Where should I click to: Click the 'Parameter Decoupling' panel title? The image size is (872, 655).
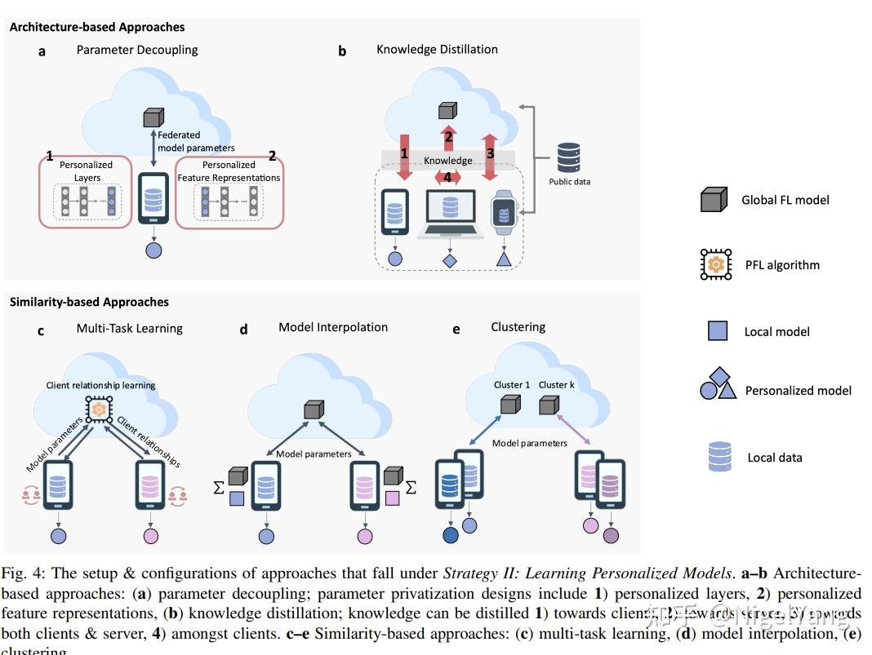tap(137, 50)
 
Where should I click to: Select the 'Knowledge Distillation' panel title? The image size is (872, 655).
tap(437, 50)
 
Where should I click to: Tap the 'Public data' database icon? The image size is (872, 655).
tap(568, 158)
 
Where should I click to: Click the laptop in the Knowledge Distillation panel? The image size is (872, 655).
tap(450, 213)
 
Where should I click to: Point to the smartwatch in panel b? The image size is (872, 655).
tap(503, 214)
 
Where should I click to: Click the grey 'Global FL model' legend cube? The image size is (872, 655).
tap(714, 200)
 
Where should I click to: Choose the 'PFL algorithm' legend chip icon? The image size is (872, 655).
tap(716, 265)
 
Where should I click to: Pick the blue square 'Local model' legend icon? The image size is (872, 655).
tap(717, 331)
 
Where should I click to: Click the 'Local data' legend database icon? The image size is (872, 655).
tap(720, 457)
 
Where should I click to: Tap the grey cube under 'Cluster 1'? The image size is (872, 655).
tap(510, 405)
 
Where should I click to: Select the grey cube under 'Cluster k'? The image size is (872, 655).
tap(549, 405)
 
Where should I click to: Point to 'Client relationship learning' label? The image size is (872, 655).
tap(100, 385)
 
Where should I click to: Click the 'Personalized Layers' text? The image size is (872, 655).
tap(87, 171)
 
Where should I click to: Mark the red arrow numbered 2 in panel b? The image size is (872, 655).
tap(447, 137)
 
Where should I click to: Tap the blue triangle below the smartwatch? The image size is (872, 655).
tap(503, 260)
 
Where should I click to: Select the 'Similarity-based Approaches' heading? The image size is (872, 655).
tap(89, 302)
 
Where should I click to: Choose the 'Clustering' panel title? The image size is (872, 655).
tap(518, 327)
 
